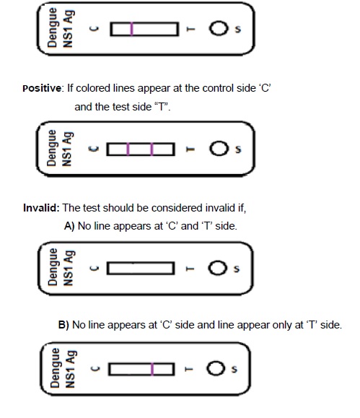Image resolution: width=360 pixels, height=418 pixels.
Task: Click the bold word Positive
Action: click(x=42, y=88)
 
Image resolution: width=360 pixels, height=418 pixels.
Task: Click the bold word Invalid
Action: click(x=41, y=208)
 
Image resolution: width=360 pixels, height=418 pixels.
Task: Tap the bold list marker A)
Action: click(x=69, y=226)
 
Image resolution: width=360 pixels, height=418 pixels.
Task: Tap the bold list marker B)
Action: click(x=63, y=325)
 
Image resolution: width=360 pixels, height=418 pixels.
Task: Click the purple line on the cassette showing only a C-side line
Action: click(x=131, y=29)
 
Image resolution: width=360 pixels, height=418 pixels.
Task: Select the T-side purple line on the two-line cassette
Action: click(x=152, y=149)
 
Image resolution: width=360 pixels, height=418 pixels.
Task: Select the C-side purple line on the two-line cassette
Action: click(x=128, y=149)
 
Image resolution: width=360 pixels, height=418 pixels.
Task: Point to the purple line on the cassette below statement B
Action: click(x=152, y=369)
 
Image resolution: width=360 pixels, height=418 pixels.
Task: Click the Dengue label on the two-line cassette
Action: click(x=52, y=148)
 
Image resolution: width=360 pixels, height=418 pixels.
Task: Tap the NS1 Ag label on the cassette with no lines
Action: click(x=69, y=268)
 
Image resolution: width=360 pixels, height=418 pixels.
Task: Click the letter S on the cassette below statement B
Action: click(x=234, y=369)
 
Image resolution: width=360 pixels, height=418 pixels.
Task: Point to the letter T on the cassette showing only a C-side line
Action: click(x=190, y=29)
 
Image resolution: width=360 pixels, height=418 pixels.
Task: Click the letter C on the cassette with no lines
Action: click(x=95, y=268)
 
